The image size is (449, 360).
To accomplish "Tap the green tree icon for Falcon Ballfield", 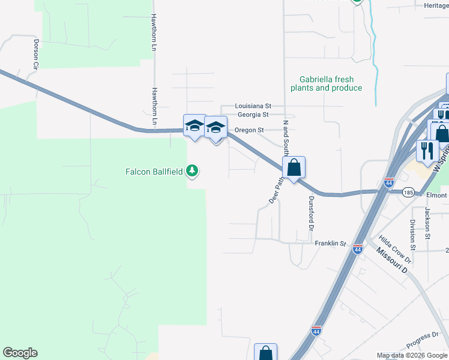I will point(192,172).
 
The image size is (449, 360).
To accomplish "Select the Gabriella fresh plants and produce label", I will point(326,83).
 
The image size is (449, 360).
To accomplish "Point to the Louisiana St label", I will point(253,105).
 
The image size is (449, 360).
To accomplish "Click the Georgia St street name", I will point(253,114).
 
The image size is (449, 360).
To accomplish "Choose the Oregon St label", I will point(249,130).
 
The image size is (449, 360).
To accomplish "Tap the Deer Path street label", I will point(275,190).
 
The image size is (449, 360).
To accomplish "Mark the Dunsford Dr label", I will point(312,213).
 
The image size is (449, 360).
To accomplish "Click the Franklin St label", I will point(331,244).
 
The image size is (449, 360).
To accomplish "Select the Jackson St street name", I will point(428,221).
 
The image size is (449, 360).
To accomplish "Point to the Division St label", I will point(413,234).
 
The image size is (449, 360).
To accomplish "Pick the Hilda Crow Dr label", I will point(395,250).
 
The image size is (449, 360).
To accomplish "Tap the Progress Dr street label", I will point(418,345).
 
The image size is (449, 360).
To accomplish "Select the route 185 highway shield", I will point(409,193).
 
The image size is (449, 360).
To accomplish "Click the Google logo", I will point(20,353).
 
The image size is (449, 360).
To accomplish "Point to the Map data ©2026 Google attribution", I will point(412,355).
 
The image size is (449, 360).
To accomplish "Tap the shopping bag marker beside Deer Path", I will point(294,168).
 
